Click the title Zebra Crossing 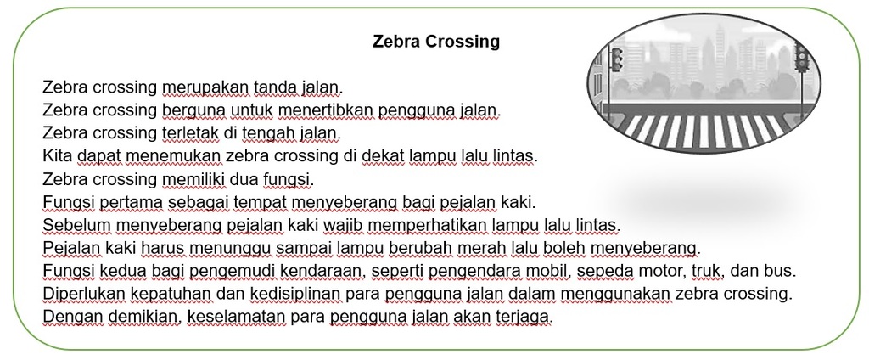[436, 42]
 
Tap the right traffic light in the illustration [801, 58]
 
